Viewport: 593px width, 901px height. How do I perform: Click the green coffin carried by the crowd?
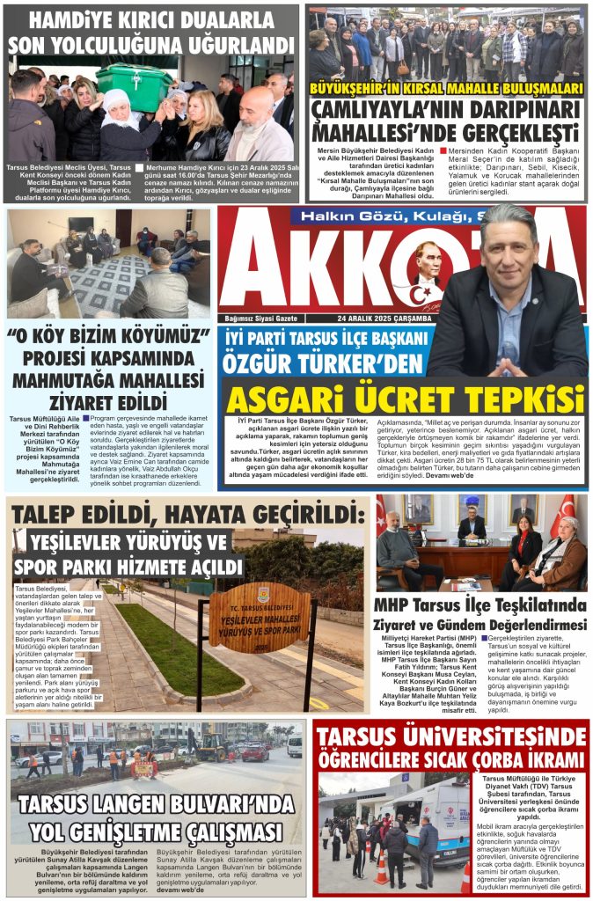(134, 85)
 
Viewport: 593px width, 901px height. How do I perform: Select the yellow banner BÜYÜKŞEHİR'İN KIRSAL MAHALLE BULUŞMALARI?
(445, 88)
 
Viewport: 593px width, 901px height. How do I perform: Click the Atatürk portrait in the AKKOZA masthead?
(428, 267)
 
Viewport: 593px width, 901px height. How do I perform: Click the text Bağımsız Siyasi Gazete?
(262, 318)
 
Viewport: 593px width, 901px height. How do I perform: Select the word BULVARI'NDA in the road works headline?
(217, 804)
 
